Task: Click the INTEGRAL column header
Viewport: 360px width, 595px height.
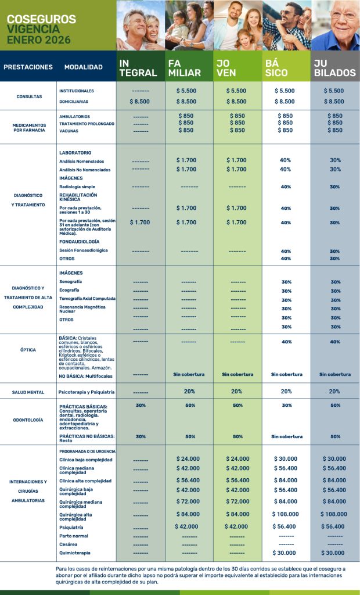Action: [x=138, y=68]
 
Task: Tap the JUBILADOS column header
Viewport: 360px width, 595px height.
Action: [x=334, y=68]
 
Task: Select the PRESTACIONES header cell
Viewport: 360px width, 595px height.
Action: [x=28, y=67]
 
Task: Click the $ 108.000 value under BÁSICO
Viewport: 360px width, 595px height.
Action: [x=285, y=514]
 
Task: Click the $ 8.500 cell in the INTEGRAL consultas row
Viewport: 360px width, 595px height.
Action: [x=140, y=102]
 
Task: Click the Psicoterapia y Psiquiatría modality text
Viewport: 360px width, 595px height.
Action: [x=87, y=392]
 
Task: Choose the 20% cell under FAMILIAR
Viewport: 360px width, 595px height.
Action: [x=189, y=392]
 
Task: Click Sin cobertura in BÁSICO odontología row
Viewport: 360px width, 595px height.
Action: [x=286, y=436]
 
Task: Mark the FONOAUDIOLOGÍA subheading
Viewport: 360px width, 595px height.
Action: [x=79, y=241]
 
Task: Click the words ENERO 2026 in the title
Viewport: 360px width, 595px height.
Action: [x=38, y=40]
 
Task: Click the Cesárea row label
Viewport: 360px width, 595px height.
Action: [x=69, y=544]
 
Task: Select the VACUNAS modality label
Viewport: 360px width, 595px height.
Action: [x=69, y=131]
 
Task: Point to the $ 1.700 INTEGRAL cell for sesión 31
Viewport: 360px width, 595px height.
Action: [x=140, y=223]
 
